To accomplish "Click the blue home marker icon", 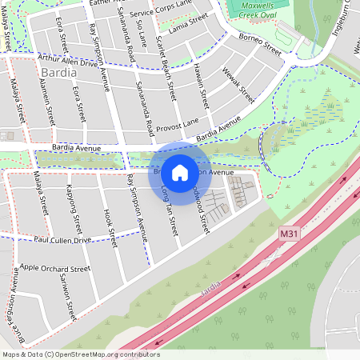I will (180, 172).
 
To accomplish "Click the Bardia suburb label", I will (58, 74).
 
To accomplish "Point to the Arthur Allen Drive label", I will (71, 58).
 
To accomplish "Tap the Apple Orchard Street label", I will (55, 269).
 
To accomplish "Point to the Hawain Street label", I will (200, 88).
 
